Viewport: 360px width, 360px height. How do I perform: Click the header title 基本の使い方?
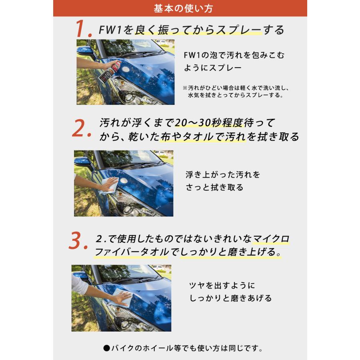[180, 8]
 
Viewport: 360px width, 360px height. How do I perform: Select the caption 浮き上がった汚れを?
[223, 175]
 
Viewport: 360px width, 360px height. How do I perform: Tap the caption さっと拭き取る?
[214, 188]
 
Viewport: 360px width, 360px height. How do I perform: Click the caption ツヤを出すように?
[222, 286]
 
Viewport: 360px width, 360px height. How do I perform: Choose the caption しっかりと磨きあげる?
[230, 298]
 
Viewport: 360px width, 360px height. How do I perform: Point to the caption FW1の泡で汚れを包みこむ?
[234, 55]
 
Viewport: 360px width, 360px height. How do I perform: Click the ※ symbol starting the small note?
[185, 88]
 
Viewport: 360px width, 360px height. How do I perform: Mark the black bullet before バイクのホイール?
[107, 348]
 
